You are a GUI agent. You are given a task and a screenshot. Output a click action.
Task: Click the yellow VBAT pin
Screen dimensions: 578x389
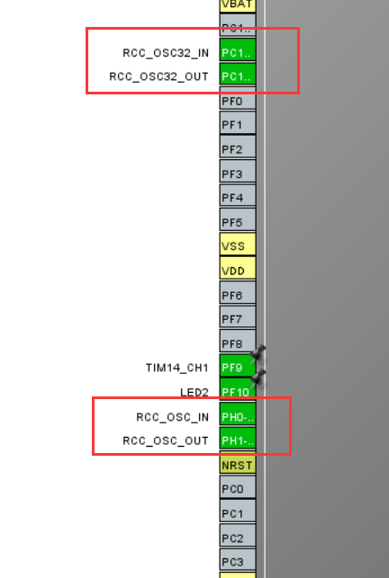point(238,4)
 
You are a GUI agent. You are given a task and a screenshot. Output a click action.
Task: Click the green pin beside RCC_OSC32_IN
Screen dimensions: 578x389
point(238,52)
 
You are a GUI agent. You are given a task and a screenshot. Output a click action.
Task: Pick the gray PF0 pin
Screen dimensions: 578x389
point(238,101)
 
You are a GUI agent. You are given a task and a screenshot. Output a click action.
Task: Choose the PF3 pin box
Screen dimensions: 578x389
point(238,173)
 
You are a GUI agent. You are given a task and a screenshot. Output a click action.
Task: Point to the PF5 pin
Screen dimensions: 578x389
point(238,221)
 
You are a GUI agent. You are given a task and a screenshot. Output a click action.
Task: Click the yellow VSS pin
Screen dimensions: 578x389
point(238,245)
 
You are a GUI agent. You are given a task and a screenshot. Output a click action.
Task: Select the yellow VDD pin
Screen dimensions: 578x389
point(238,270)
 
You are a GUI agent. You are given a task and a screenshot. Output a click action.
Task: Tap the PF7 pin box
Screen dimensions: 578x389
point(238,319)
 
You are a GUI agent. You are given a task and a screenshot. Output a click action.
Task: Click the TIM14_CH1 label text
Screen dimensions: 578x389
point(176,368)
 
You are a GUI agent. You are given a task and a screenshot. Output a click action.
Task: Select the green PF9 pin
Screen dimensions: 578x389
point(236,368)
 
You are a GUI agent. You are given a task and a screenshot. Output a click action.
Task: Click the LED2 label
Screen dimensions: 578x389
point(194,392)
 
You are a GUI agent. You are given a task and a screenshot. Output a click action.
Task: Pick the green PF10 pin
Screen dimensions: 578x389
point(236,392)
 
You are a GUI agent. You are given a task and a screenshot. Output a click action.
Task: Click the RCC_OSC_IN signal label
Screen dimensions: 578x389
point(172,417)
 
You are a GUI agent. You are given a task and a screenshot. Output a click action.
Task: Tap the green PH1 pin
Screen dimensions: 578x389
point(238,440)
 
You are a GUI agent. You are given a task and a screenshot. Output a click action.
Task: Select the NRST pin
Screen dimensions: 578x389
point(238,465)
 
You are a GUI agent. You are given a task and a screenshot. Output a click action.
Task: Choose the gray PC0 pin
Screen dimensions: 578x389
point(238,489)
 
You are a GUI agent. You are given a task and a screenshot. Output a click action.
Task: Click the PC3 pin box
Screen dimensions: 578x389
point(238,562)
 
